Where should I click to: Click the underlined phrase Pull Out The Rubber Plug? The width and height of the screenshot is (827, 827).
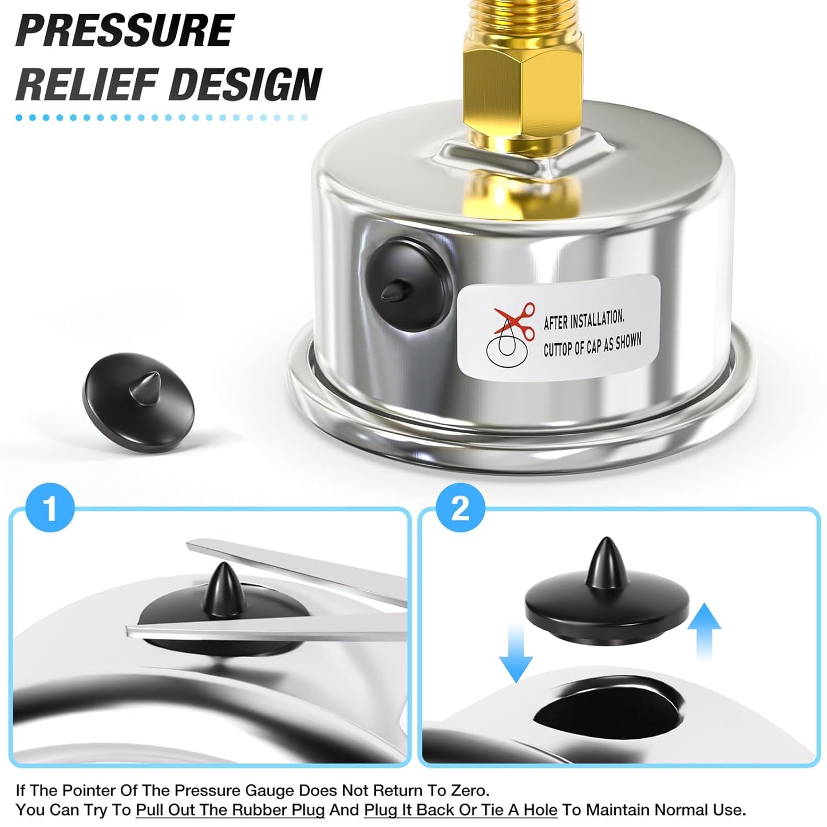pos(230,810)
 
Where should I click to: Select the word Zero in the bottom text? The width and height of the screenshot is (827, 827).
pos(466,791)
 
